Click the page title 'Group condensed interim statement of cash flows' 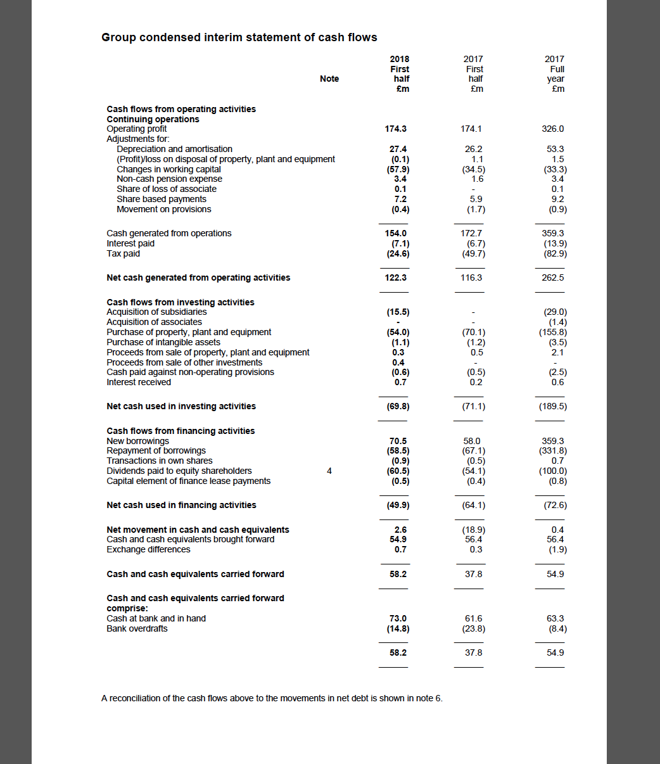[239, 37]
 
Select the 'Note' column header [329, 79]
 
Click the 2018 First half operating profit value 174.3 [396, 129]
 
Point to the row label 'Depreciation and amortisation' [174, 149]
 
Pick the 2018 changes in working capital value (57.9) [398, 169]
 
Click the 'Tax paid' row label [124, 253]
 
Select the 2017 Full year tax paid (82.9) [555, 253]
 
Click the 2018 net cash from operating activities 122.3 [396, 277]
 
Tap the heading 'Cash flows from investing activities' [181, 302]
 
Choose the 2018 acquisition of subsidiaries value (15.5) [398, 312]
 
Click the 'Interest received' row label [139, 382]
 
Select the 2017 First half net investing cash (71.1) [474, 406]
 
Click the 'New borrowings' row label [138, 441]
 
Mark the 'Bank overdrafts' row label [137, 628]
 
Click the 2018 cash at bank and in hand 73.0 [398, 618]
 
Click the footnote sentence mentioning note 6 [272, 698]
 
